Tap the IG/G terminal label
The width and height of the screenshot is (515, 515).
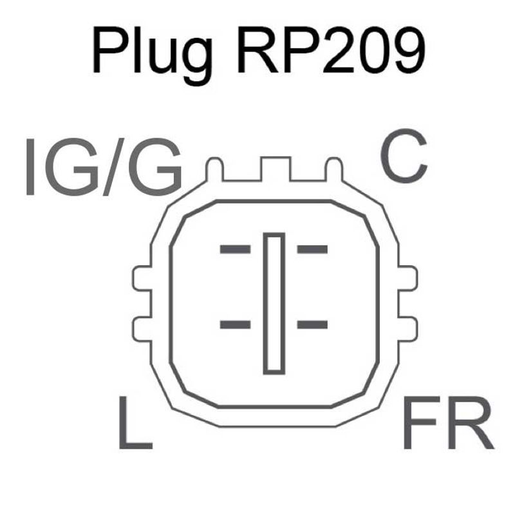[103, 167]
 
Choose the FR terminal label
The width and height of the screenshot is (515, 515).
[448, 426]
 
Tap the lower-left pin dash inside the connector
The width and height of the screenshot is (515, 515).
[235, 324]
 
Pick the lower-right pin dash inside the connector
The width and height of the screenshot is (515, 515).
[312, 324]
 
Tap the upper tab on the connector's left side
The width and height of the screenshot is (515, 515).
[141, 279]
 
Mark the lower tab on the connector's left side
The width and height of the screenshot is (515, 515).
[141, 327]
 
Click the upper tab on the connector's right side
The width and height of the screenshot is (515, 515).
[407, 279]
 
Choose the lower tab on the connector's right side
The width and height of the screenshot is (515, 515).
[407, 327]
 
